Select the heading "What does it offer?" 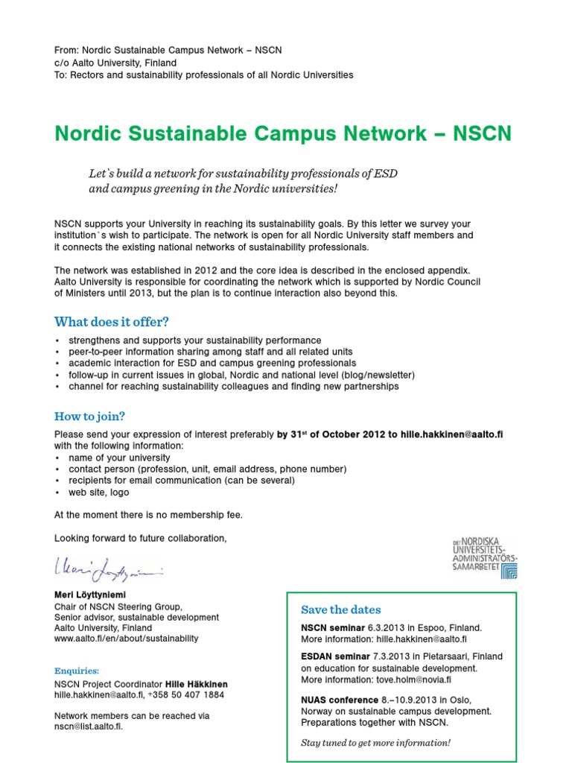click(x=112, y=322)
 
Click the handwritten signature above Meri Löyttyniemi click(x=109, y=572)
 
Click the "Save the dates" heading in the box click(x=340, y=610)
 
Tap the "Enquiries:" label click(x=76, y=671)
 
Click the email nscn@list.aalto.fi click(x=88, y=726)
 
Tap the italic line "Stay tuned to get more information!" click(x=375, y=743)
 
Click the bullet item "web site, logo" click(x=98, y=493)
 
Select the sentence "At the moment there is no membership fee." click(x=148, y=515)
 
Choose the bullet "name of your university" click(x=119, y=458)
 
